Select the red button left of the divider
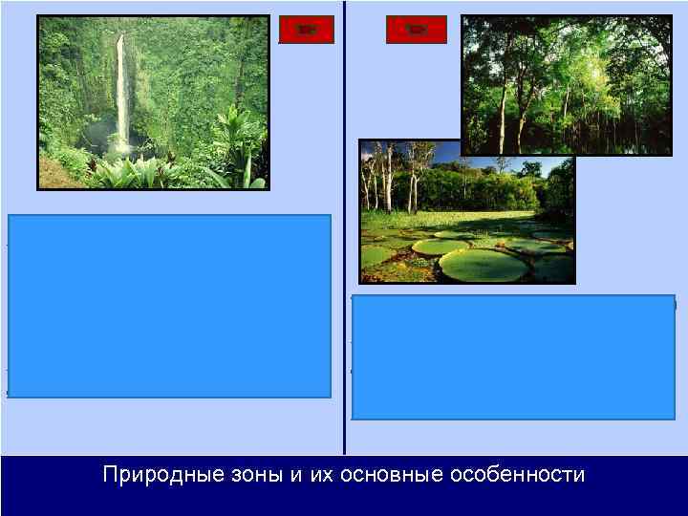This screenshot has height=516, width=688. point(307,30)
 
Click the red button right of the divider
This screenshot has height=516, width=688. point(416,30)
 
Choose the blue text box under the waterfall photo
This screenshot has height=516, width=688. point(170,306)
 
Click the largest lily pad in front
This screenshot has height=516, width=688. point(483,266)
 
